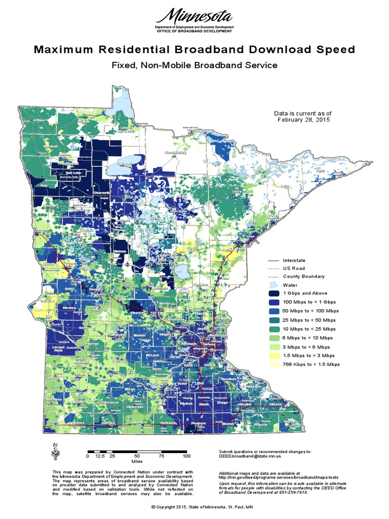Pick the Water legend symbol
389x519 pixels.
pyautogui.click(x=274, y=285)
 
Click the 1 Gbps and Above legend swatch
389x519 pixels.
pyautogui.click(x=274, y=293)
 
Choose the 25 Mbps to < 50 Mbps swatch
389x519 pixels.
pyautogui.click(x=274, y=320)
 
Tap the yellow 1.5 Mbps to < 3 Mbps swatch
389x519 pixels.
pyautogui.click(x=274, y=355)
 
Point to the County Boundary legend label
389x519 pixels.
pyautogui.click(x=304, y=276)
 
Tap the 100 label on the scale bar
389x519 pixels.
pyautogui.click(x=186, y=457)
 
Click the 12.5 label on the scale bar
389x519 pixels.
pyautogui.click(x=100, y=457)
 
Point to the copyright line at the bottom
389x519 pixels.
pyautogui.click(x=194, y=507)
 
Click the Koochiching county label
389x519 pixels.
pyautogui.click(x=175, y=152)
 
